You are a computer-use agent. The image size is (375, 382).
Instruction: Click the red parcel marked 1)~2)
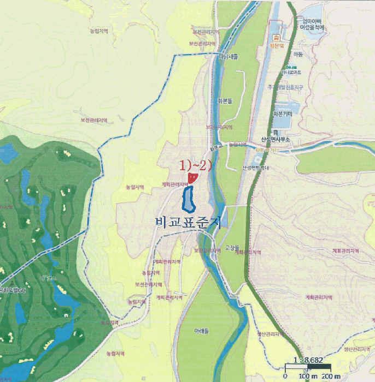[191, 178]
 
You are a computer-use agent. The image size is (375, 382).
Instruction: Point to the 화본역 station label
[278, 46]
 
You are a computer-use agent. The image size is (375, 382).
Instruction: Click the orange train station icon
[277, 38]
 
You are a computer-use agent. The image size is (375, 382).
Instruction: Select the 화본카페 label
[282, 114]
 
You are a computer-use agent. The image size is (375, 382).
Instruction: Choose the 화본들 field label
[225, 101]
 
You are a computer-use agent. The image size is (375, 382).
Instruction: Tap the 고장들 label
[224, 247]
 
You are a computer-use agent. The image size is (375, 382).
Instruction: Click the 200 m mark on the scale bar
[330, 377]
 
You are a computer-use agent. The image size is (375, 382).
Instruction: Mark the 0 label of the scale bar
[285, 377]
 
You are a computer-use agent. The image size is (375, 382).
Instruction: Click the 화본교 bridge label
[216, 147]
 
